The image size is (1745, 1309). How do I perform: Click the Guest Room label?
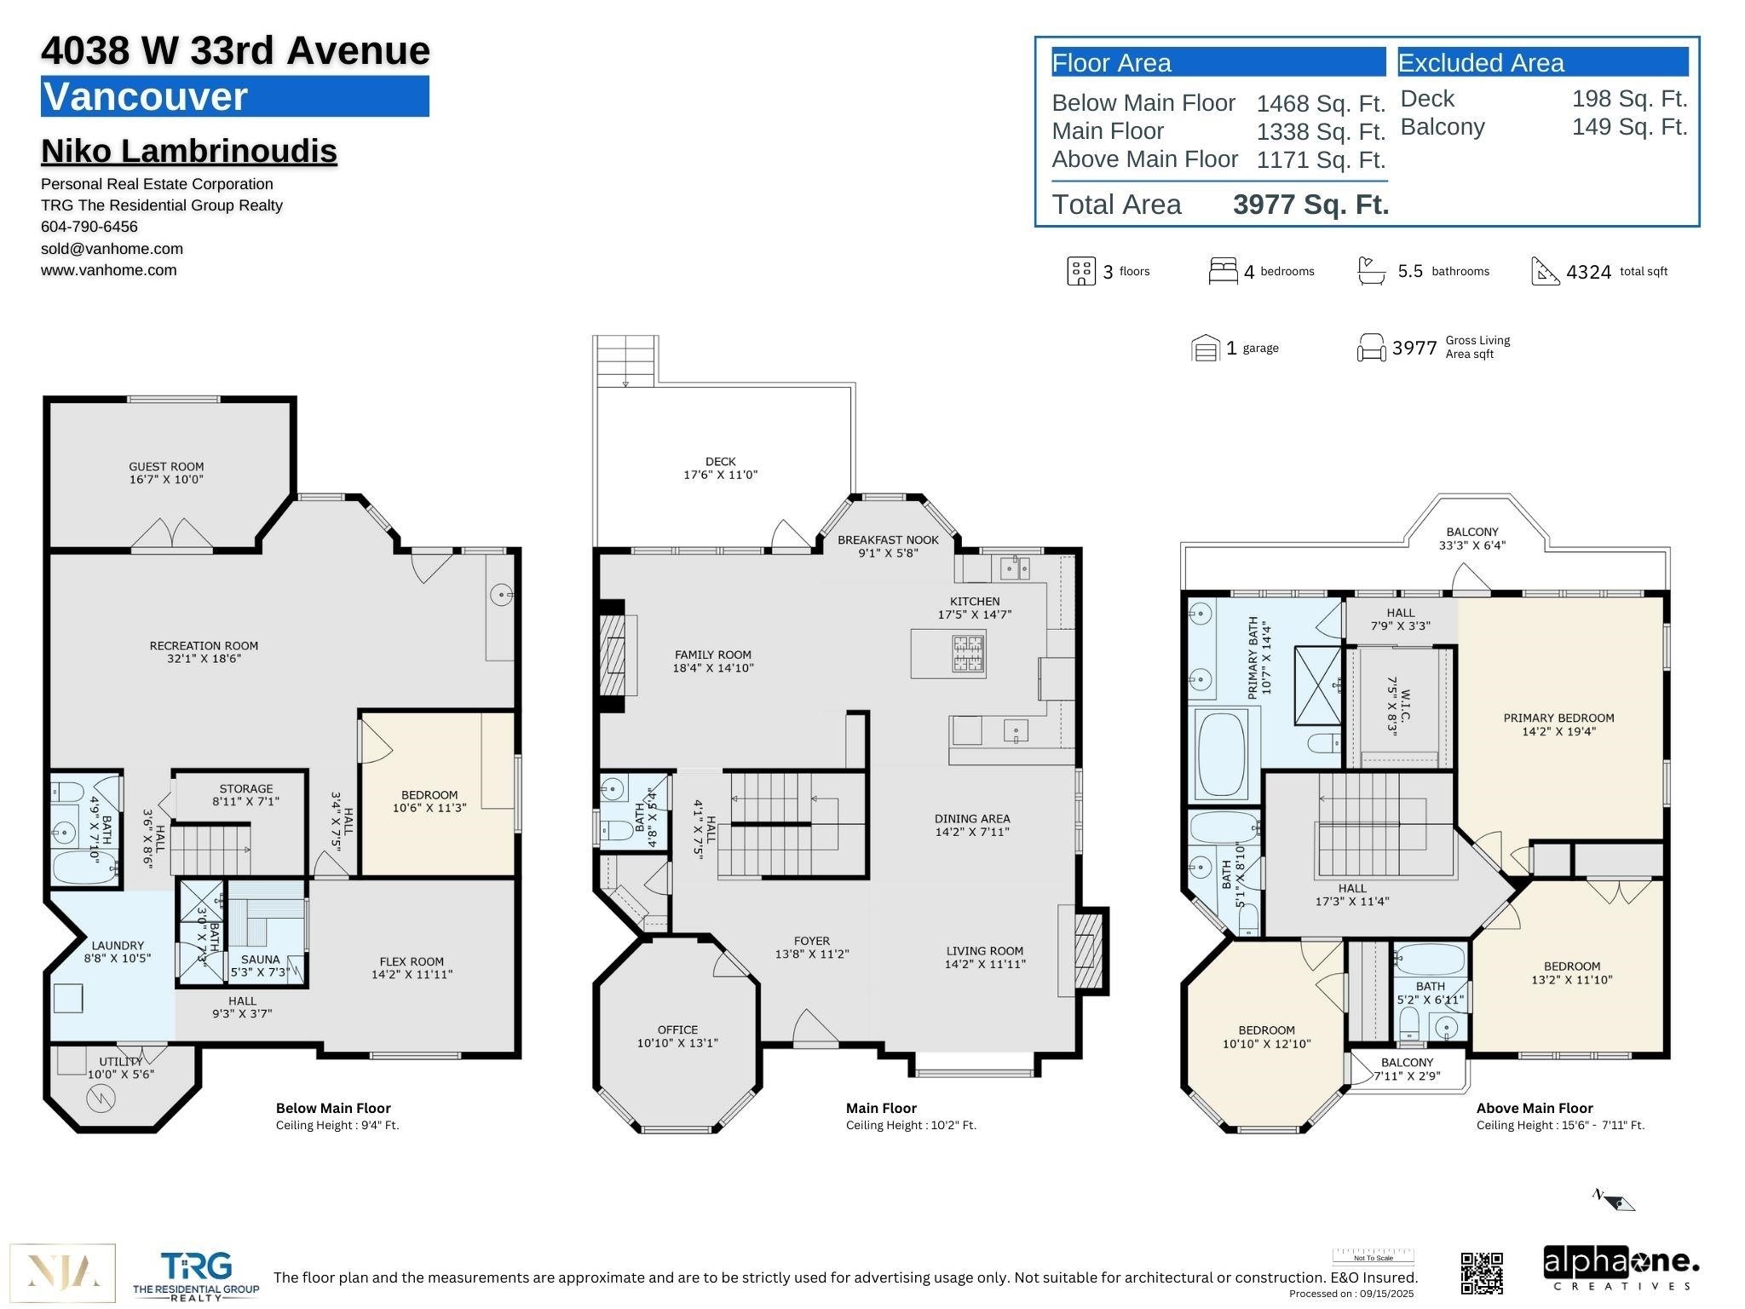tap(166, 466)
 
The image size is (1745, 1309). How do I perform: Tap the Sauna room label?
tap(260, 959)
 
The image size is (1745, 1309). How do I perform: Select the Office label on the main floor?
tap(677, 1029)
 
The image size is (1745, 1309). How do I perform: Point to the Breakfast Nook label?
tap(888, 539)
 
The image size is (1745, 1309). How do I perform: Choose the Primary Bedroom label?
tap(1558, 718)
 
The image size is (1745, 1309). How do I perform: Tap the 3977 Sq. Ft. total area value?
tap(1310, 205)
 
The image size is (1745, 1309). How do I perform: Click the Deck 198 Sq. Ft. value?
tap(1628, 99)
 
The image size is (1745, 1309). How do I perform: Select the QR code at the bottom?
tap(1482, 1272)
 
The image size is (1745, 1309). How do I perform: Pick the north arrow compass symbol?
tap(1614, 1200)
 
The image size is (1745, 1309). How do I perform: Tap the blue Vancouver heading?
tap(234, 96)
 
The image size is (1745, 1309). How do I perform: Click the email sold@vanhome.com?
tap(112, 249)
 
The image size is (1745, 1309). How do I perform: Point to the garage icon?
tap(1205, 348)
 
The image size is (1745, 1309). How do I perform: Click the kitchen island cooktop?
tap(968, 654)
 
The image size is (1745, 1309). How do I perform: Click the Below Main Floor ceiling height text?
tap(337, 1125)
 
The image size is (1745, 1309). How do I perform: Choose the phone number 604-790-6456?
tap(89, 227)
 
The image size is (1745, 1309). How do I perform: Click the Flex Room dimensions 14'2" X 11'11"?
tap(412, 974)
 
